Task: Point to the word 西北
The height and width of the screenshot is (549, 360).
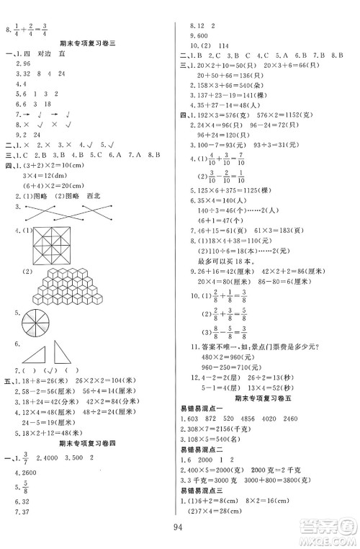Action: pyautogui.click(x=95, y=193)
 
